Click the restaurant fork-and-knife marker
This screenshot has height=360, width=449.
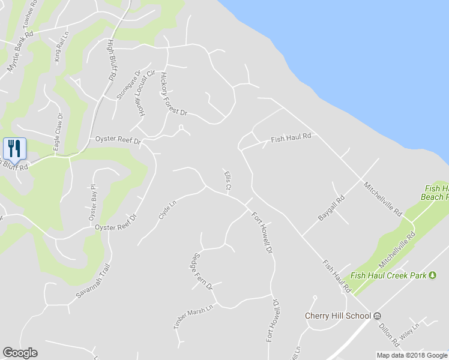15,148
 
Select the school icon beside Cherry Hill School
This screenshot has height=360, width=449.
377,316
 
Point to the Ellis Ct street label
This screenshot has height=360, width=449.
228,182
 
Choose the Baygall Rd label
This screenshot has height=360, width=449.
331,207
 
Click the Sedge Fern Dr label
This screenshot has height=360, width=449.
202,269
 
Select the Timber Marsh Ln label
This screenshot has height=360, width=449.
193,317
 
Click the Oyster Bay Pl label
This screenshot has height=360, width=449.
92,203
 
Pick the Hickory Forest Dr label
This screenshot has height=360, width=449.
173,94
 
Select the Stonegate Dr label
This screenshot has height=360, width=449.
128,84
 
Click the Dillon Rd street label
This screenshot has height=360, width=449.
388,335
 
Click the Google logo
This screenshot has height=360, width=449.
20,353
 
